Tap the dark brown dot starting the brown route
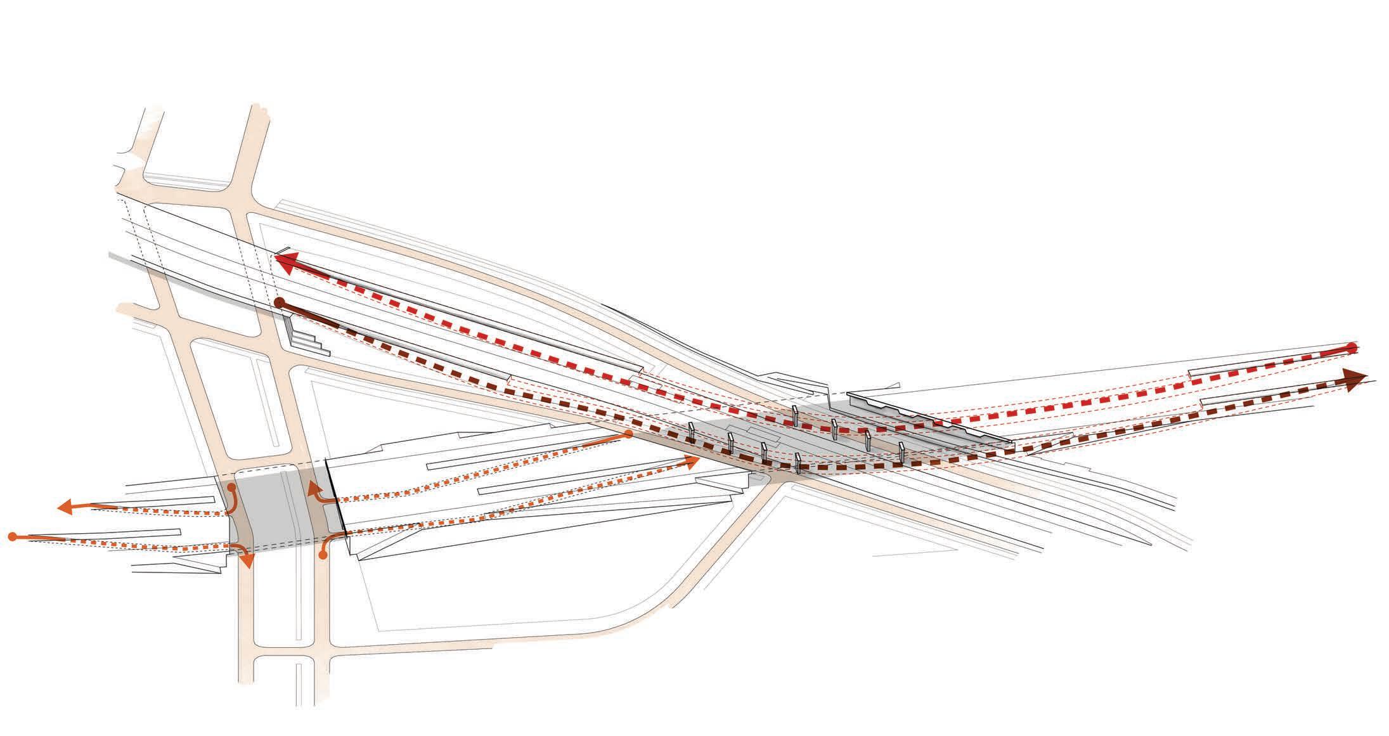[x=279, y=304]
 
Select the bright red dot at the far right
[x=1352, y=347]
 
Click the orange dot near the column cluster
[x=628, y=434]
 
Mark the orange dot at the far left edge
[x=11, y=537]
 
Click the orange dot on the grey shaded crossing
[x=231, y=487]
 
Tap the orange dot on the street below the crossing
[x=323, y=556]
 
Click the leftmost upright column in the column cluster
[x=692, y=431]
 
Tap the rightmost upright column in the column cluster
[x=901, y=451]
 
